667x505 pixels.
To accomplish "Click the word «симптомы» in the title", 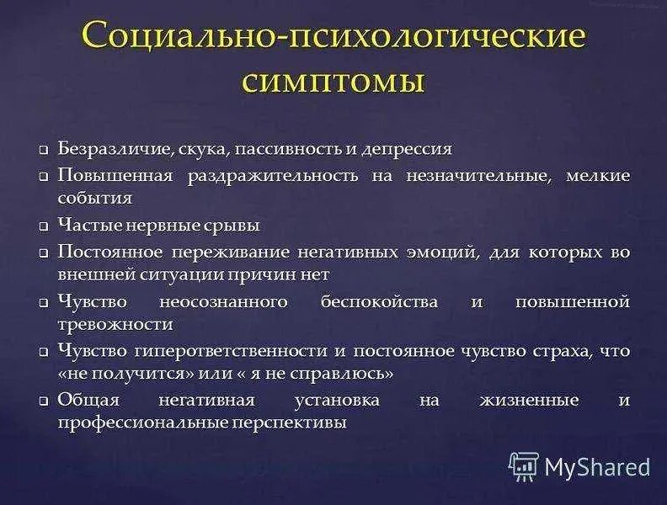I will tap(333, 82).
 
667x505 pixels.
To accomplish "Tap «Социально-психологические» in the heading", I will tap(333, 38).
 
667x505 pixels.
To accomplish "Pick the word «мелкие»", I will tap(600, 176).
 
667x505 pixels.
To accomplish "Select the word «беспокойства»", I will tap(379, 301).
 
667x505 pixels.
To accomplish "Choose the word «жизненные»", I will tap(528, 400).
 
